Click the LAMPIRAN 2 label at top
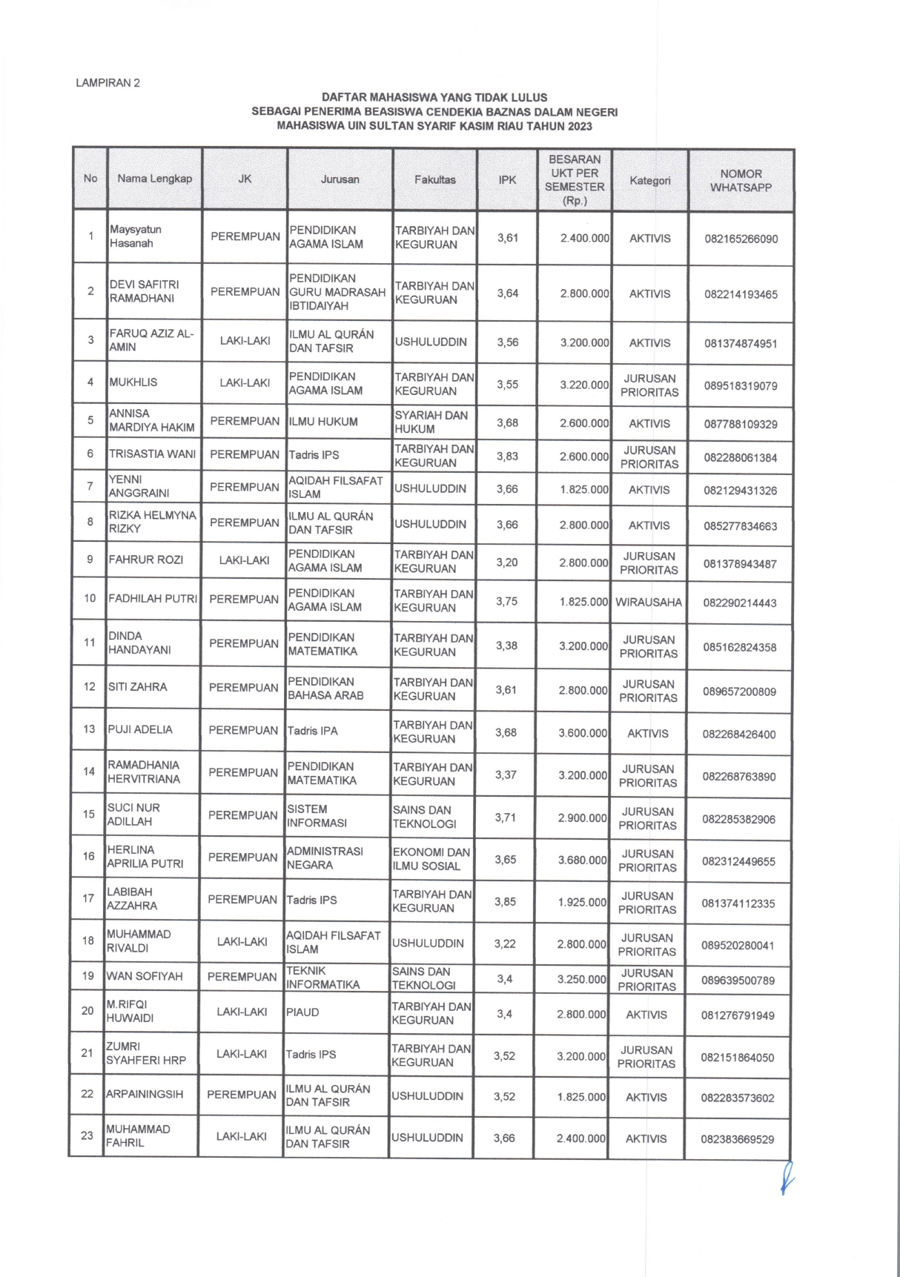[107, 83]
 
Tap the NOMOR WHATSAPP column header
[740, 181]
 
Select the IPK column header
[507, 179]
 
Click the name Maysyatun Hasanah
[136, 236]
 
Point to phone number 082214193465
[741, 294]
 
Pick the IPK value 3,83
[507, 457]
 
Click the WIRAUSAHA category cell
[648, 603]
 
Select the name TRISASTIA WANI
[153, 454]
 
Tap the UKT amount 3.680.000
[582, 860]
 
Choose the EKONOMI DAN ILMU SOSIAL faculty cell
[431, 859]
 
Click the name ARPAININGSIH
[145, 1094]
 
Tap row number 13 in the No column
[89, 729]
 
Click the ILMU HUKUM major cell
[323, 422]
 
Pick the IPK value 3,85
[506, 902]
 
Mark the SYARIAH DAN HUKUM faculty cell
[431, 422]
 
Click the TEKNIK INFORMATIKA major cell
[322, 978]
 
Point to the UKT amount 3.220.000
[584, 385]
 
